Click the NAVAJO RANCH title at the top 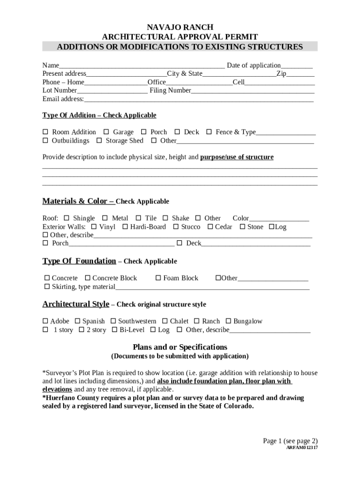[180, 28]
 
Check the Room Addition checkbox [45, 132]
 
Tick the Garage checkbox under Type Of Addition [106, 132]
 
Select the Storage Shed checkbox [99, 141]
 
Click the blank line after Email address [199, 99]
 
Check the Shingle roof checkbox [66, 218]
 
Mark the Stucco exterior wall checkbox [176, 227]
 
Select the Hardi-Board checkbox [125, 227]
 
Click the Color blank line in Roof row [279, 218]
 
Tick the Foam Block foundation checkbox [158, 278]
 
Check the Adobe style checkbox [45, 321]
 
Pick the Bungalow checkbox [229, 321]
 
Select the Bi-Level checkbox [115, 330]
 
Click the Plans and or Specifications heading [180, 347]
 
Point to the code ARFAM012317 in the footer [302, 448]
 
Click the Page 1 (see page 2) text [290, 441]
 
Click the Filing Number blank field [252, 91]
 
